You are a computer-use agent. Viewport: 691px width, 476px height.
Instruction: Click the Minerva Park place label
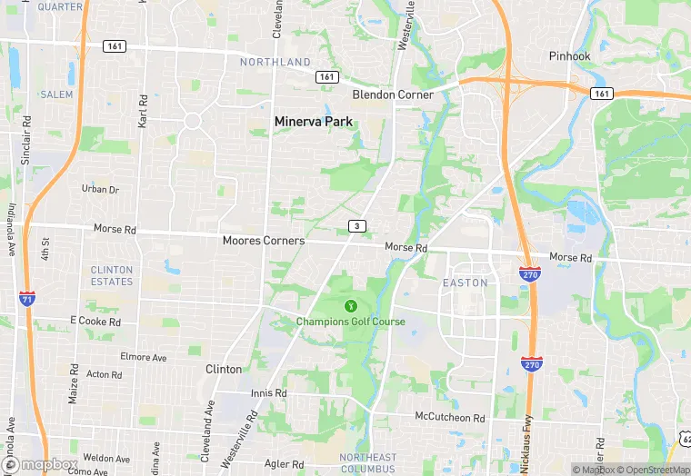[314, 121]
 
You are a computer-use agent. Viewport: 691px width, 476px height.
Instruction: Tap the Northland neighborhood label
[275, 63]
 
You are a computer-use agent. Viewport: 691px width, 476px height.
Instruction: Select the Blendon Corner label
[393, 94]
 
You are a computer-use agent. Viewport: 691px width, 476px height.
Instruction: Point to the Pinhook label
[570, 56]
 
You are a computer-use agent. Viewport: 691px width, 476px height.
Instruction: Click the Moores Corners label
[264, 241]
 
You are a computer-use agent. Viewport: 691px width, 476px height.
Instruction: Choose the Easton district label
[465, 283]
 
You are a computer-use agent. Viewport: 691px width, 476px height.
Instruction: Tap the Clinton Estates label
[112, 275]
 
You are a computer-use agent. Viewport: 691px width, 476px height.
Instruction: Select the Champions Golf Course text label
[350, 322]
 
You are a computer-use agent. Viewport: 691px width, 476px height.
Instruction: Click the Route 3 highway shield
[358, 225]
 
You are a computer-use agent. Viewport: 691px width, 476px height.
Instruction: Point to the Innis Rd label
[269, 393]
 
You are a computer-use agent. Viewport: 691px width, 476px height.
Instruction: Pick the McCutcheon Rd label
[449, 418]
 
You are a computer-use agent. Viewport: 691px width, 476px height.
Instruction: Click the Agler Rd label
[285, 464]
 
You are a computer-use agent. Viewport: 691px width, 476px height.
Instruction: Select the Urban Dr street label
[100, 189]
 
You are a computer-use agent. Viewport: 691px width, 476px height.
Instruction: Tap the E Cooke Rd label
[95, 322]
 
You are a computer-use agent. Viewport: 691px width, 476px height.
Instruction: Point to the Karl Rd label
[142, 109]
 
